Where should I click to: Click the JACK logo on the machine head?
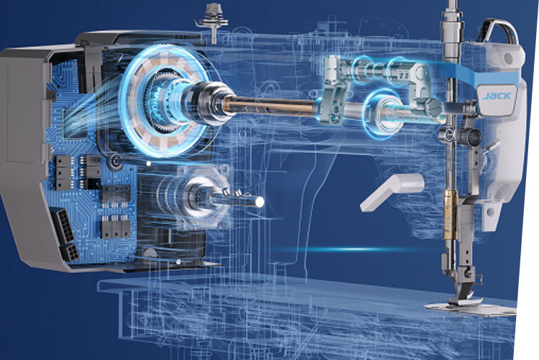coord(497,96)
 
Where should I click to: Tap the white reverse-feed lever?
coord(392,191)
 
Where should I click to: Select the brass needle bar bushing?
coord(451,214)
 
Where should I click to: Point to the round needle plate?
coord(470,308)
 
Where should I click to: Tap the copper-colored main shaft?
coord(268,106)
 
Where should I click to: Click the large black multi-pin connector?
coord(63,224)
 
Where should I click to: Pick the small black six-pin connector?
coord(70,253)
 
